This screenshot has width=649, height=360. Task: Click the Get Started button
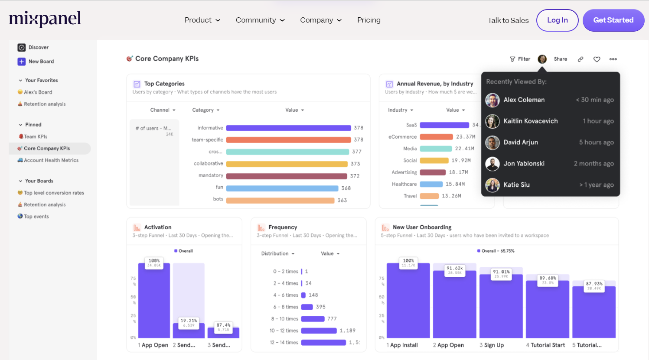point(613,20)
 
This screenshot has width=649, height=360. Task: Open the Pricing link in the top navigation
point(369,20)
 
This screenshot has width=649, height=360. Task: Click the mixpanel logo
point(45,19)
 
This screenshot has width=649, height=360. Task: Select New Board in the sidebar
point(41,62)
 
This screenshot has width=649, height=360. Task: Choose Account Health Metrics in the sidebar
point(51,160)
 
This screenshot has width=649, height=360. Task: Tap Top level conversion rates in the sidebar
point(54,193)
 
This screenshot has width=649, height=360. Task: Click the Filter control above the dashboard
point(520,59)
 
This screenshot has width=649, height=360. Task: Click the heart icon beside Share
point(597,59)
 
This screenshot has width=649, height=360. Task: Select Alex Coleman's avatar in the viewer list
point(492,100)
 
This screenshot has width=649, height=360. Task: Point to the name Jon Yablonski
point(524,164)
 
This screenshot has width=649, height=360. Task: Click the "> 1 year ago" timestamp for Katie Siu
point(597,185)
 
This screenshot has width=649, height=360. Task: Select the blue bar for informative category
point(288,128)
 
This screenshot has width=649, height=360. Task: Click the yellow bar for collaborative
point(287,164)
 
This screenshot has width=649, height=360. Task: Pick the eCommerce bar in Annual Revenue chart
point(436,137)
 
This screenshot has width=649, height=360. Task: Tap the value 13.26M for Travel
point(451,196)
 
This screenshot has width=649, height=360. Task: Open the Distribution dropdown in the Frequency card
point(277,253)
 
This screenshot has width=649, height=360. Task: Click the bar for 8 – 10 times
point(313,319)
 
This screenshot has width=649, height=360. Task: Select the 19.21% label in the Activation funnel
point(189,322)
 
